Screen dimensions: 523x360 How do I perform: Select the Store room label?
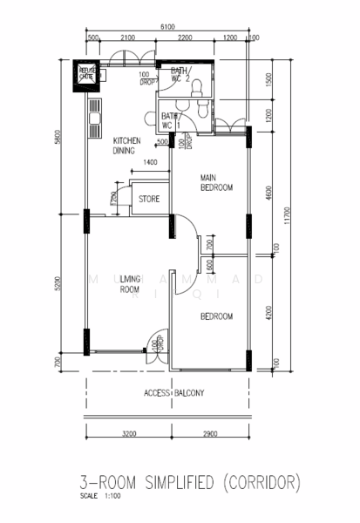(x=149, y=200)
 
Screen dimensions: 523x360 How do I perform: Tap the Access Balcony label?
(x=174, y=393)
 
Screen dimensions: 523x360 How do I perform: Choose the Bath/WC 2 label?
(x=180, y=75)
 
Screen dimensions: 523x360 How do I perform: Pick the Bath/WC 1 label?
(x=171, y=120)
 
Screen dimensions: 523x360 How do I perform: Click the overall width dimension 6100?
(x=166, y=29)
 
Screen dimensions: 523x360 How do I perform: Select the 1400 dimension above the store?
(x=151, y=163)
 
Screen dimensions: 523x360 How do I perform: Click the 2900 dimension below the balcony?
(x=209, y=432)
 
